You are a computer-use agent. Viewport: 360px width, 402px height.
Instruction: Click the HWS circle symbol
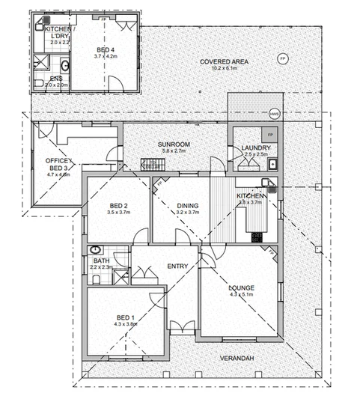[274, 114]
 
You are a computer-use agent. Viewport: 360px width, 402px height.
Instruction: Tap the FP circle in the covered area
[282, 58]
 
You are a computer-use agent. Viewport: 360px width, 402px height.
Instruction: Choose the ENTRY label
[177, 267]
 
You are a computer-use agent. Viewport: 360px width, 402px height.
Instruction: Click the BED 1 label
[125, 317]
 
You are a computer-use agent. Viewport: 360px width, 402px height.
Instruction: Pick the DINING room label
[187, 206]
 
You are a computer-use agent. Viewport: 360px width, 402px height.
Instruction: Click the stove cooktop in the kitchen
[257, 237]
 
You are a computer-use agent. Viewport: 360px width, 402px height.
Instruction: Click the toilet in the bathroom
[97, 278]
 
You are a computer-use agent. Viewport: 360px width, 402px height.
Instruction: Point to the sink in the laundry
[273, 164]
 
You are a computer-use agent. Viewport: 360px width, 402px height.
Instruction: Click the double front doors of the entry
[180, 327]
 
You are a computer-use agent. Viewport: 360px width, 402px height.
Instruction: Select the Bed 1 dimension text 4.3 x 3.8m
[125, 324]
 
